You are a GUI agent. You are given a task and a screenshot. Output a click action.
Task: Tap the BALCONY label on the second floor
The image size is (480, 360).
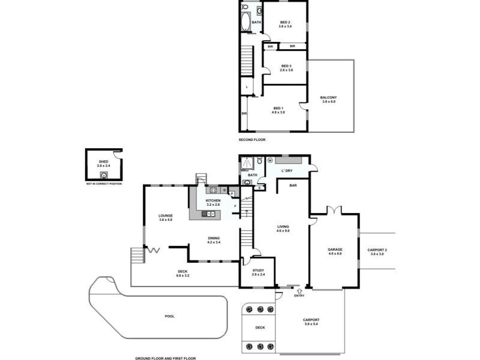coord(328,98)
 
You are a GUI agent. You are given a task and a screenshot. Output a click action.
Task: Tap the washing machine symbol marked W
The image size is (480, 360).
coord(270,160)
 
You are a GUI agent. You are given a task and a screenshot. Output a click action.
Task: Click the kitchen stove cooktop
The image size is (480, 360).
coord(213,190)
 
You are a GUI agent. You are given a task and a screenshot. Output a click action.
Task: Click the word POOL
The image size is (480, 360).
coord(170,316)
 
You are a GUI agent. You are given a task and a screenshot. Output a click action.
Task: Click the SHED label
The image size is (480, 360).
coord(103,161)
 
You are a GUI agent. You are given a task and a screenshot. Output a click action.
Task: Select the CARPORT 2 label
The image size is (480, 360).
coord(377,250)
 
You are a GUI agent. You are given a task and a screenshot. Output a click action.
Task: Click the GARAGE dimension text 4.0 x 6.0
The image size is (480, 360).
coord(334,254)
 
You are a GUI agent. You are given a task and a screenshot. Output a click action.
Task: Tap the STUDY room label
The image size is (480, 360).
coord(258,270)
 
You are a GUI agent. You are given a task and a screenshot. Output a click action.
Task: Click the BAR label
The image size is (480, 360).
coord(293,185)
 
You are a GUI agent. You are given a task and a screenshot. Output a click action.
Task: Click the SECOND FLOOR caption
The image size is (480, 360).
coord(252,139)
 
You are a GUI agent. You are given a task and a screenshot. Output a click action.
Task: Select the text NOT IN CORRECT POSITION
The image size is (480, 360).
coord(104,184)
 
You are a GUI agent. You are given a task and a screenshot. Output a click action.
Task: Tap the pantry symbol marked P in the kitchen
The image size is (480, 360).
coord(232,193)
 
